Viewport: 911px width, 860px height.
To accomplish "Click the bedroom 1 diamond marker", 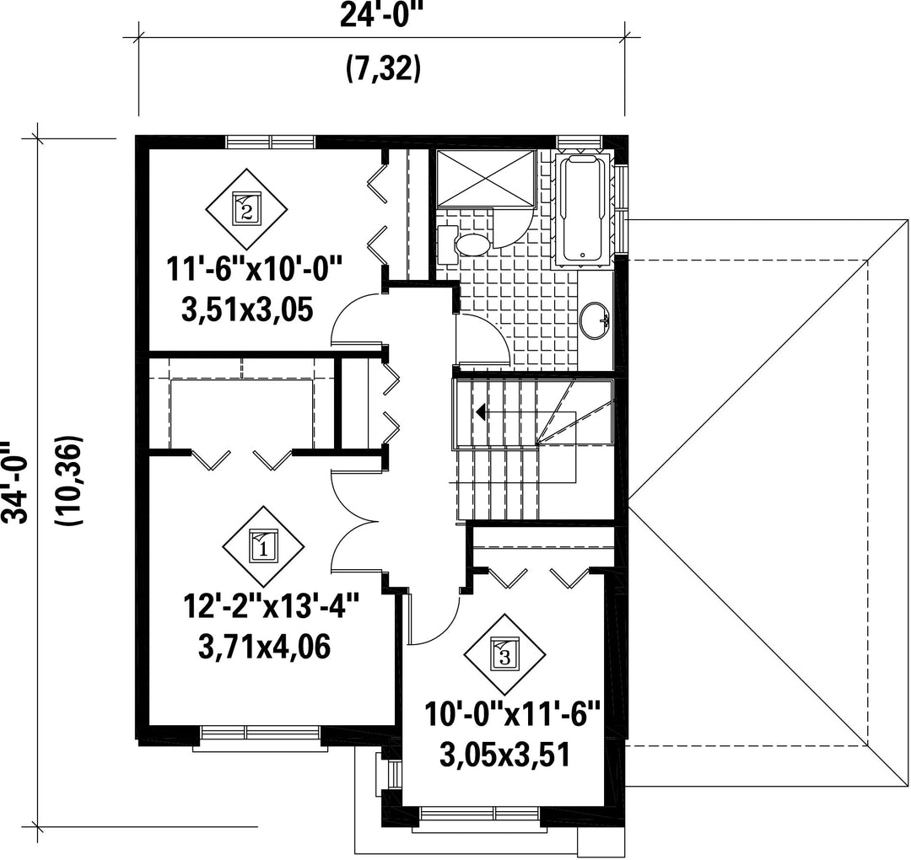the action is point(264,546).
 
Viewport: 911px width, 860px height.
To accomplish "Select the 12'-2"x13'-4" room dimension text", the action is point(272,606).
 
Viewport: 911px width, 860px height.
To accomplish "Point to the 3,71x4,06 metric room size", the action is point(264,646).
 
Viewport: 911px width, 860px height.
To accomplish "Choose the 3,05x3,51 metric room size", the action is point(504,754).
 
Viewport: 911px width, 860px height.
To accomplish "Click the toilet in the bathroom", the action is point(463,243).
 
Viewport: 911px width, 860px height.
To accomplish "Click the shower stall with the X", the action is point(485,178).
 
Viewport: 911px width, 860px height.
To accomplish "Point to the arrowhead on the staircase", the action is point(481,412).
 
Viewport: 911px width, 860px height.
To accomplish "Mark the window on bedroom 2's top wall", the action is point(270,142).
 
